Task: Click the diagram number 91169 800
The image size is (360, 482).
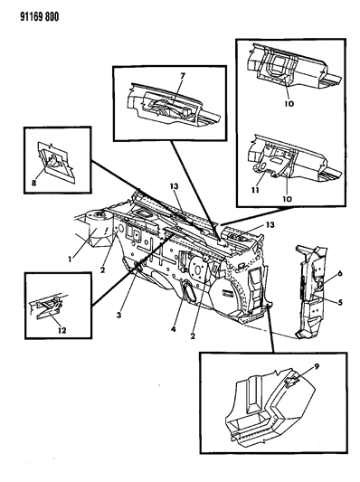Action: point(39,16)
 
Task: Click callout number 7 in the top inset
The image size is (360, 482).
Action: point(183,75)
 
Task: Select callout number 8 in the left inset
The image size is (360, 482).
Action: point(33,183)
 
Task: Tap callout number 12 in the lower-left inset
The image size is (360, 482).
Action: point(62,330)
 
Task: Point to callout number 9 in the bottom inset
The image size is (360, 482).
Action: point(317,366)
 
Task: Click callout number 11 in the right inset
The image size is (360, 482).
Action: point(255,190)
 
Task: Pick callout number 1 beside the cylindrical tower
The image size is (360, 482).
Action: point(70,260)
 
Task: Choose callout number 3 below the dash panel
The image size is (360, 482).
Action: point(119,315)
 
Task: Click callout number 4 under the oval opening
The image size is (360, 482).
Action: point(174,329)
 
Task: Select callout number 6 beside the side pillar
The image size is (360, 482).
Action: point(340,273)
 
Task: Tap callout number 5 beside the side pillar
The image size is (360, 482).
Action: point(340,302)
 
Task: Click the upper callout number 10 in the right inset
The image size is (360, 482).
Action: point(289,104)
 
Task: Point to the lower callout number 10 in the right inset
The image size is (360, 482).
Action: point(287,199)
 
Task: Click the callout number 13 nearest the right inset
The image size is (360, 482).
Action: point(270,225)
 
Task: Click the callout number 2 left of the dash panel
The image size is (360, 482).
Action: point(102,269)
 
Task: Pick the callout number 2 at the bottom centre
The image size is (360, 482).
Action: point(193,336)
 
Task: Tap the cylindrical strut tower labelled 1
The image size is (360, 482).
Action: point(98,227)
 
